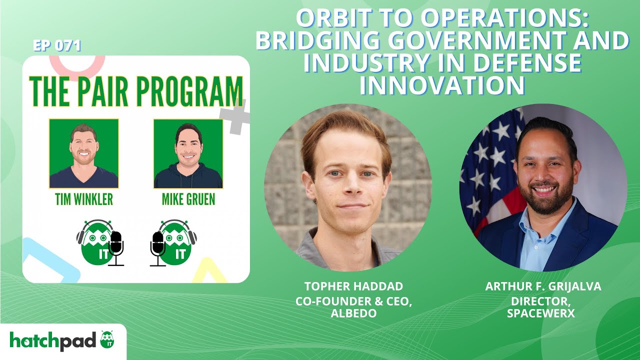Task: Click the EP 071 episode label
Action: coord(56,46)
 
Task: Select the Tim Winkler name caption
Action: coord(84,199)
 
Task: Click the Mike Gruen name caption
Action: coord(188,199)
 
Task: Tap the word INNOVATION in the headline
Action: coord(442,85)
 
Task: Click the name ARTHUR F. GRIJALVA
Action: coord(543,286)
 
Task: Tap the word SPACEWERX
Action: coord(543,313)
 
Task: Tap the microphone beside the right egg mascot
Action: coord(158,247)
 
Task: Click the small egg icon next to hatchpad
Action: coord(107,339)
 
